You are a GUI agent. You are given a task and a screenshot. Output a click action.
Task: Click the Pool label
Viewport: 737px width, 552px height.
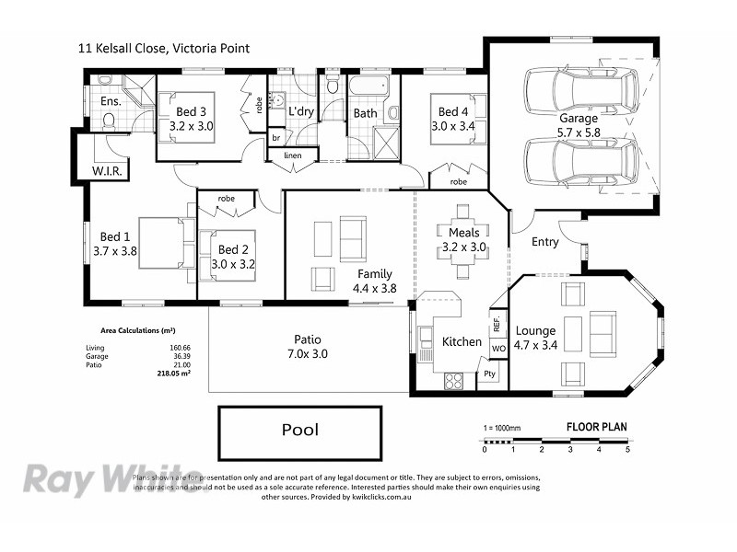[x=298, y=430]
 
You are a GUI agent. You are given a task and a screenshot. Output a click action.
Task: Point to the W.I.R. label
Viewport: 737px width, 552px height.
[x=109, y=171]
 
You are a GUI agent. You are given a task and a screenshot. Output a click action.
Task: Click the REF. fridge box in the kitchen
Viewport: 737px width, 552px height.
[x=497, y=324]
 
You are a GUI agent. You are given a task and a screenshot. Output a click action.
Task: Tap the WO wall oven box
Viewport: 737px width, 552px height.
[x=497, y=350]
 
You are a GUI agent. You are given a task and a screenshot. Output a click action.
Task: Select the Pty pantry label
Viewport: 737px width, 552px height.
[x=490, y=374]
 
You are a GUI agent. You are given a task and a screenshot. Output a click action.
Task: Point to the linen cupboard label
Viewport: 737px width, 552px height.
[x=293, y=155]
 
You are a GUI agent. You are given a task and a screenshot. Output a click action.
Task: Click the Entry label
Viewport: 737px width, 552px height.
[x=545, y=242]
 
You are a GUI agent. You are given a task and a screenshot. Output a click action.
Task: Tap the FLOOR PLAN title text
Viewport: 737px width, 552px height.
[x=597, y=427]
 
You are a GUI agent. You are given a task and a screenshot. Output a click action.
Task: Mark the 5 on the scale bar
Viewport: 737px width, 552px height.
[x=627, y=450]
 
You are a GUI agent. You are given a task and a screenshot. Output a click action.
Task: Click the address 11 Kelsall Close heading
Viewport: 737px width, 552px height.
[x=163, y=49]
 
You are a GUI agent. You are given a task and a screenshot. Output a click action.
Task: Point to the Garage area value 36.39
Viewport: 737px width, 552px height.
[x=166, y=357]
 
